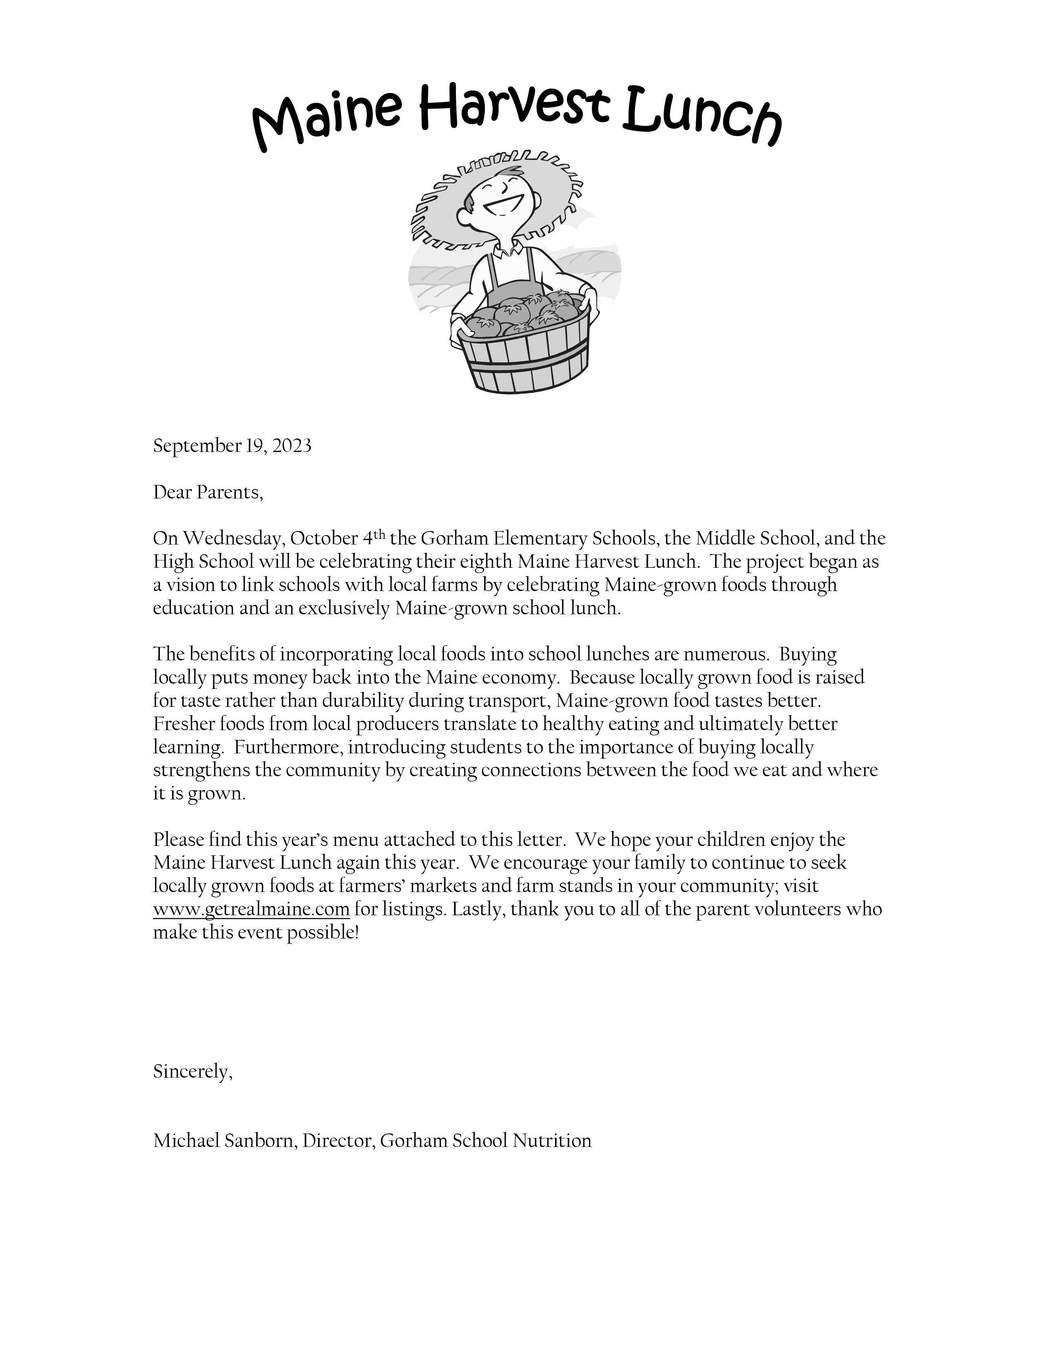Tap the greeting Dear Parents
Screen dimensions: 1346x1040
coord(208,492)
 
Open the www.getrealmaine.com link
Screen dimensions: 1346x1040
coord(251,910)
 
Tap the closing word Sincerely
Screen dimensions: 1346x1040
coord(192,1072)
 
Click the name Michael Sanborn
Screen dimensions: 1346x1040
coord(225,1141)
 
